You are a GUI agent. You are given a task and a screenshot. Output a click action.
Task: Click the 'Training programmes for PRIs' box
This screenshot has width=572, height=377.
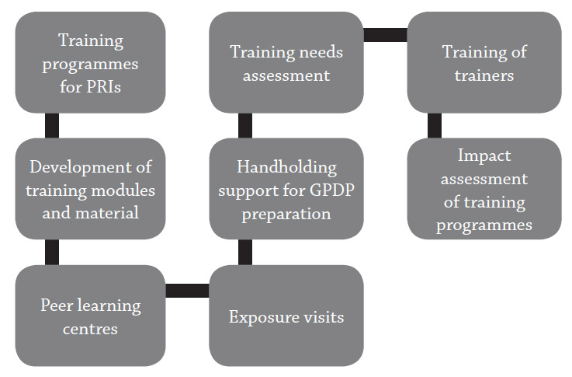click(x=90, y=62)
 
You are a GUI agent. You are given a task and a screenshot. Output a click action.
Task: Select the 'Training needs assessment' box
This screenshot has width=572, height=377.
click(x=286, y=62)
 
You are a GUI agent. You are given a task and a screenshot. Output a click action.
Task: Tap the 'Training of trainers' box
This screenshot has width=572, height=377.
click(x=484, y=62)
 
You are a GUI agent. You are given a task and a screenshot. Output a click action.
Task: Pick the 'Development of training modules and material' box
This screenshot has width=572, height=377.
click(x=90, y=188)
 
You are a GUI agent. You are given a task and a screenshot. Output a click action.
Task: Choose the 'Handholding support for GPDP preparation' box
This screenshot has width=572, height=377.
click(x=286, y=188)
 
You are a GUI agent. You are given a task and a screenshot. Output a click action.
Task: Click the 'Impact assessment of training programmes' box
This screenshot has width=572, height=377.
click(x=484, y=188)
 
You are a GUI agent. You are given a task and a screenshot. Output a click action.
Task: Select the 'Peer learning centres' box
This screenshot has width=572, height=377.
click(x=90, y=316)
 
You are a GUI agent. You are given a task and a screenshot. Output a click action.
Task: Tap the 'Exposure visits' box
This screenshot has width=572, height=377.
click(x=286, y=316)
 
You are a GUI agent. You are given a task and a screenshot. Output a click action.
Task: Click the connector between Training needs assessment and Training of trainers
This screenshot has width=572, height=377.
click(x=385, y=35)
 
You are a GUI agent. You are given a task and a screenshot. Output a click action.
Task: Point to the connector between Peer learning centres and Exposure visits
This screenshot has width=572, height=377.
click(x=187, y=291)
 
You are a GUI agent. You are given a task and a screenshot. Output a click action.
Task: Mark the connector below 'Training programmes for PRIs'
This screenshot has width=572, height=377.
click(x=52, y=125)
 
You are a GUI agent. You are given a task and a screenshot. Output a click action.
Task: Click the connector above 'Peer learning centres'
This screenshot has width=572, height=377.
click(x=52, y=252)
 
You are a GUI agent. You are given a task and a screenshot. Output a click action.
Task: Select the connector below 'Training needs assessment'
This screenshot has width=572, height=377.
click(x=245, y=125)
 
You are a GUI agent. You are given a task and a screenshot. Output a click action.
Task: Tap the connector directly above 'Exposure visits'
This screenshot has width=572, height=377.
click(x=245, y=252)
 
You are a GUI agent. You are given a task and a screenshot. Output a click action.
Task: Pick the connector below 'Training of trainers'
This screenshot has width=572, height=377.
click(x=435, y=125)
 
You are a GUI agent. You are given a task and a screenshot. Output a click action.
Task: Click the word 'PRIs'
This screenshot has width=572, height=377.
click(x=103, y=87)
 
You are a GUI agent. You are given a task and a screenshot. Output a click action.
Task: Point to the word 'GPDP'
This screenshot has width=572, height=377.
click(x=332, y=190)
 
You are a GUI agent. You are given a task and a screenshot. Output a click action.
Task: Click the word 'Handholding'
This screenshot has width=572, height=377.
click(x=286, y=168)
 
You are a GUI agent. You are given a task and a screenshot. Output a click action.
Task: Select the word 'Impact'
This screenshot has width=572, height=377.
click(x=484, y=156)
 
